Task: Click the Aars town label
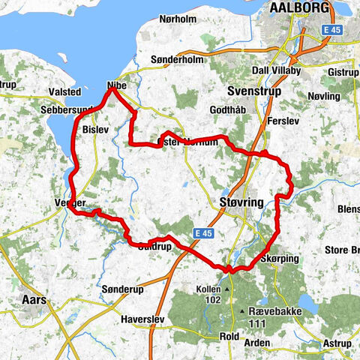[x=33, y=299]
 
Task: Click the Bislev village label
[x=96, y=130]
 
